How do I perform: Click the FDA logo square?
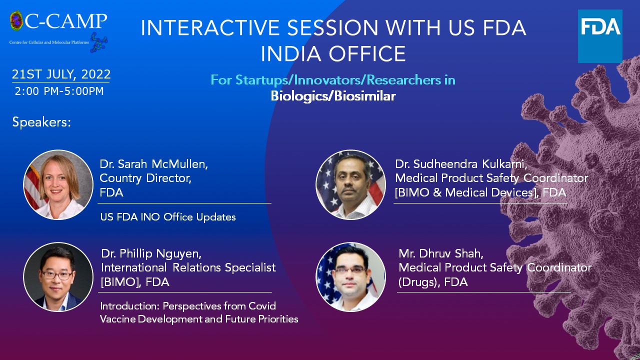pos(600,36)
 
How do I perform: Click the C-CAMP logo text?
pos(65,21)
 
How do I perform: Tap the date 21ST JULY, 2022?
pos(61,74)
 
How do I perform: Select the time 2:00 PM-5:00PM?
pos(59,91)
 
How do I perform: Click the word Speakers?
pos(41,122)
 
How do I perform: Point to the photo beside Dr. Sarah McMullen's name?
pos(58,185)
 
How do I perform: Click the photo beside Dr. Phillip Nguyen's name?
pos(58,277)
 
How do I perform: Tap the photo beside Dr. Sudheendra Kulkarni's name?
pos(350,185)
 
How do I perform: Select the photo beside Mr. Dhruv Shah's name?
pos(350,277)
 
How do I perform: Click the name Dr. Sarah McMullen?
pos(153,164)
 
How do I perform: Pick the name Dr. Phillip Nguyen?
pos(151,253)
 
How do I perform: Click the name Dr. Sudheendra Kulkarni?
pos(461,164)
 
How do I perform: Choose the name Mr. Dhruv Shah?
pos(441,253)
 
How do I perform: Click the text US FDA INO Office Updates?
pos(168,217)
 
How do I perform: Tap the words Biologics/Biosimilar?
pos(333,96)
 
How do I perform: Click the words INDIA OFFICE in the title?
pos(333,53)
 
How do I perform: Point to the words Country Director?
pos(145,178)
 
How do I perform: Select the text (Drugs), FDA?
pos(433,282)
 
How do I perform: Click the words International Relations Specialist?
pos(188,267)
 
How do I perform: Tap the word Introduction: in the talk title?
pos(129,306)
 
